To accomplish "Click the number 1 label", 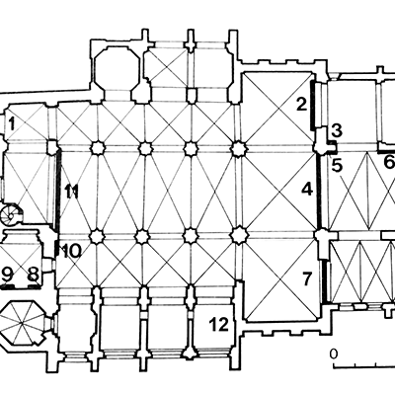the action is tap(12, 124).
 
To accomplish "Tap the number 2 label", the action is tap(301, 105).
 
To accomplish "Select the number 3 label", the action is tap(337, 130).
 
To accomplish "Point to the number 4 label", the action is tap(307, 190).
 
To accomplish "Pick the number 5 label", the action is tap(337, 166).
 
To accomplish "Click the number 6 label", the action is tap(389, 162).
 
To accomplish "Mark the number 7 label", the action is tap(307, 279).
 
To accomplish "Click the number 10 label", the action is tap(71, 252).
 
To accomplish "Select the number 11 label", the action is tap(71, 192).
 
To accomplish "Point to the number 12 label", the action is tap(219, 325).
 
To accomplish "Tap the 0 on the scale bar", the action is tap(334, 355).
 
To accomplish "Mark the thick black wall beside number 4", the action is tap(318, 191).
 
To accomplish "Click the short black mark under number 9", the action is tap(8, 287).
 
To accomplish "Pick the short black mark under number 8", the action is tap(35, 287).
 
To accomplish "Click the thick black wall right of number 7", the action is tap(325, 281).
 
